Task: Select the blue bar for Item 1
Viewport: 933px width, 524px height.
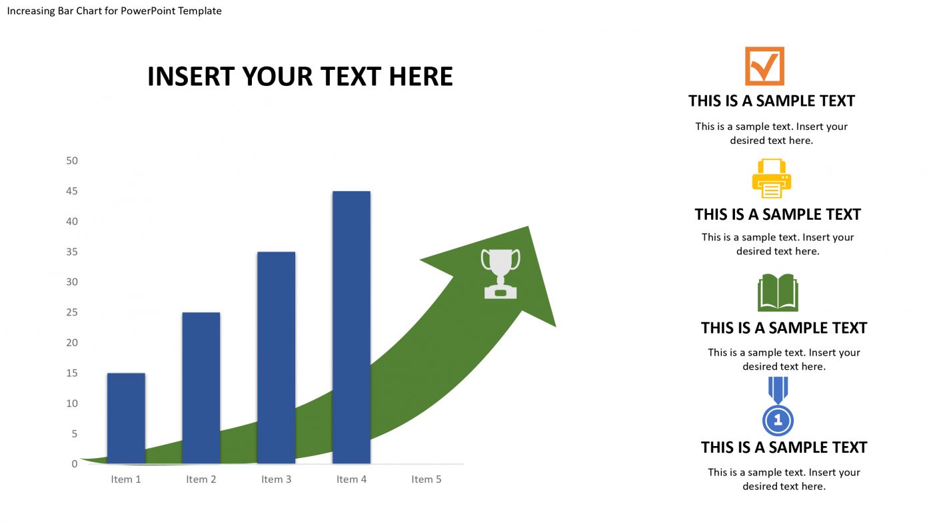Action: coord(126,418)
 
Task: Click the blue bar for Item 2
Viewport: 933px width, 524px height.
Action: coord(201,388)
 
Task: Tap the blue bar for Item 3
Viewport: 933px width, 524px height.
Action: coord(276,358)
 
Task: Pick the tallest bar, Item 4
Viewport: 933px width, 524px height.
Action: coord(351,327)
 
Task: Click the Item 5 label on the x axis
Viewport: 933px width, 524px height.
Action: coord(427,479)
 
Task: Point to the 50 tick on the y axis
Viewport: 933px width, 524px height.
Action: coord(72,160)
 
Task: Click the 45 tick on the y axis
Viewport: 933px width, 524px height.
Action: coord(72,191)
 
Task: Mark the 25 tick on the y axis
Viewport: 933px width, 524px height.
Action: coord(72,312)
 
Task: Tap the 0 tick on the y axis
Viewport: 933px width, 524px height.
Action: coord(75,464)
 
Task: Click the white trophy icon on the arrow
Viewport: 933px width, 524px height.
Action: coord(500,273)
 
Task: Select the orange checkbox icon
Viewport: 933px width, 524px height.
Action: coord(764,66)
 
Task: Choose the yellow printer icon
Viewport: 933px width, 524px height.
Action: coord(771,178)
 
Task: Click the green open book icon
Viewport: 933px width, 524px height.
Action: coord(778,292)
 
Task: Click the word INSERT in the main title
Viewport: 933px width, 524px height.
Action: coord(191,77)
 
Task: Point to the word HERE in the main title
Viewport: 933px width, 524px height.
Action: coord(421,77)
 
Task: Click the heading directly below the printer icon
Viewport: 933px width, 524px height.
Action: coord(778,214)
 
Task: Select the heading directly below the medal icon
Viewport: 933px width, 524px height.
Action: coord(784,447)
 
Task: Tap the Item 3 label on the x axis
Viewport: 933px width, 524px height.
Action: coord(276,479)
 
